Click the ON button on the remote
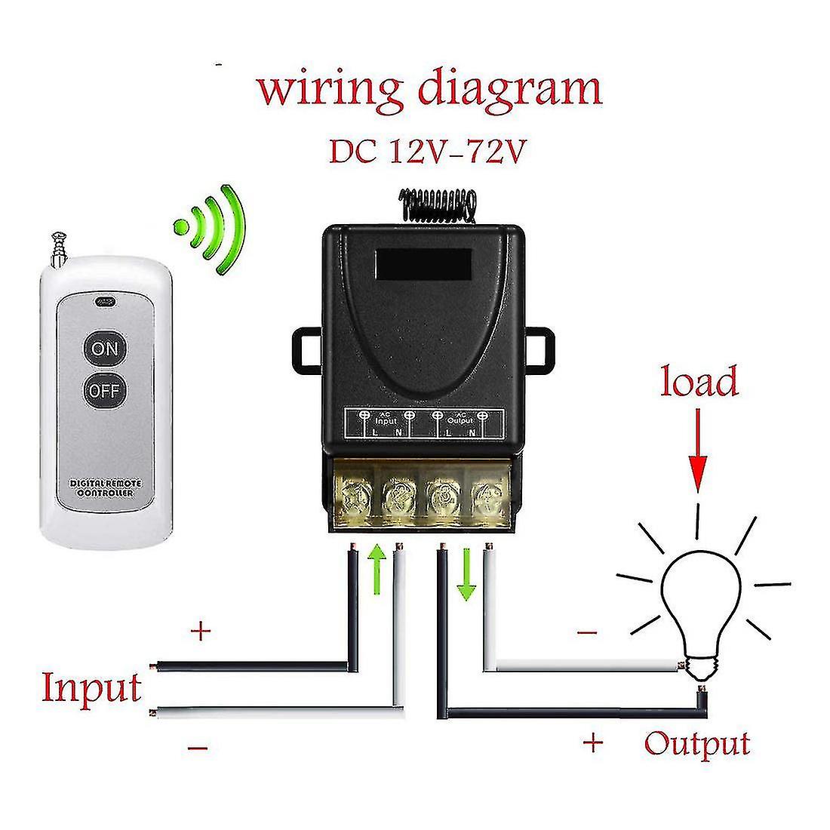pyautogui.click(x=105, y=349)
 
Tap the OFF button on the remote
pyautogui.click(x=105, y=391)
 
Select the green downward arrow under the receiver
pyautogui.click(x=466, y=575)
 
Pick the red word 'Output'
pyautogui.click(x=697, y=743)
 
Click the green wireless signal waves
pyautogui.click(x=217, y=226)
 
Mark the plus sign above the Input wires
pyautogui.click(x=201, y=631)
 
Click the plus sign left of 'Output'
pyautogui.click(x=593, y=743)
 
